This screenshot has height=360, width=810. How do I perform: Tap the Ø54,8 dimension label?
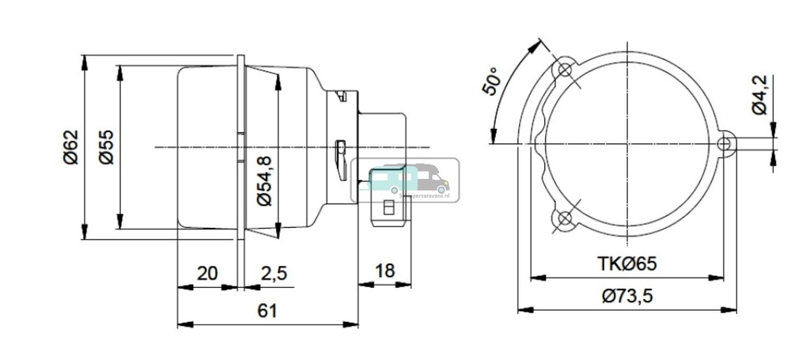coord(265,180)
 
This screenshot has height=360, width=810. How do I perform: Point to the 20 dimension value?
coord(206,273)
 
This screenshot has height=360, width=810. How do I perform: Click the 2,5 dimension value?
coord(273,273)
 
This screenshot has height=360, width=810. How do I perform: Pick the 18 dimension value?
coord(384,271)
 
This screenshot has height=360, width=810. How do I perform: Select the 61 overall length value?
coord(267,311)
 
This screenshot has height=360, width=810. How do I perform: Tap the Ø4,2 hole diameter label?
coord(759,94)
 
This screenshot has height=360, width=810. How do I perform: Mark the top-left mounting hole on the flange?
coord(564,70)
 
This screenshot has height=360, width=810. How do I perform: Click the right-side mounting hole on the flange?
coord(725,143)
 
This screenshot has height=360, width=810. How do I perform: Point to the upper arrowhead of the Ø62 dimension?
coord(85,60)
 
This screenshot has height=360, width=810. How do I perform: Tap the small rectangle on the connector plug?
coord(388,207)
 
